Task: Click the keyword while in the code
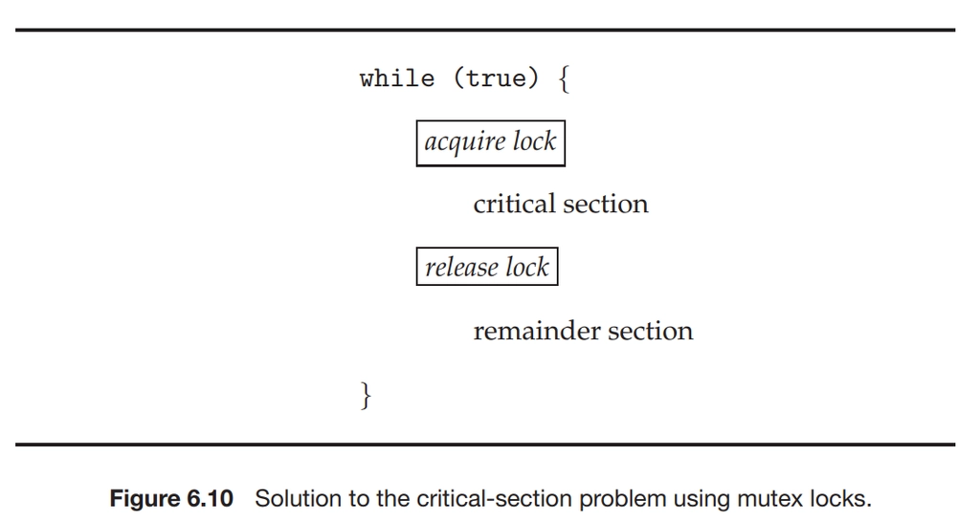pos(397,78)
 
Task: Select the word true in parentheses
pos(496,78)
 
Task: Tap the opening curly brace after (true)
pos(564,79)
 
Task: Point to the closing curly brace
pos(367,395)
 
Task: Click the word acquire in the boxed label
pos(465,142)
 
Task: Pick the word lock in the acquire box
pos(534,141)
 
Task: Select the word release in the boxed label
pos(462,267)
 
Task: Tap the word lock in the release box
pos(527,267)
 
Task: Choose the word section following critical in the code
pos(606,204)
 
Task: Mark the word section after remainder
pos(651,331)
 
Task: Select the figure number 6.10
pos(210,499)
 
